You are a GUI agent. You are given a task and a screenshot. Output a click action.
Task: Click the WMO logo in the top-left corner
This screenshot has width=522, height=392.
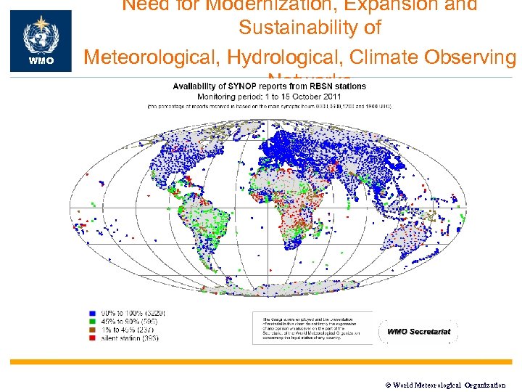pyautogui.click(x=41, y=41)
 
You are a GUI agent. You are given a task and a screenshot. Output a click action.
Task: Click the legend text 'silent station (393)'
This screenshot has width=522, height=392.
pyautogui.click(x=130, y=339)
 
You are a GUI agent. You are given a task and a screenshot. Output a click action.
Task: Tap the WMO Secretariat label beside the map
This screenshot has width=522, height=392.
pyautogui.click(x=418, y=332)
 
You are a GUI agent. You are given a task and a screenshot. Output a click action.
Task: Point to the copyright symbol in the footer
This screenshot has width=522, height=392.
pyautogui.click(x=386, y=385)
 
